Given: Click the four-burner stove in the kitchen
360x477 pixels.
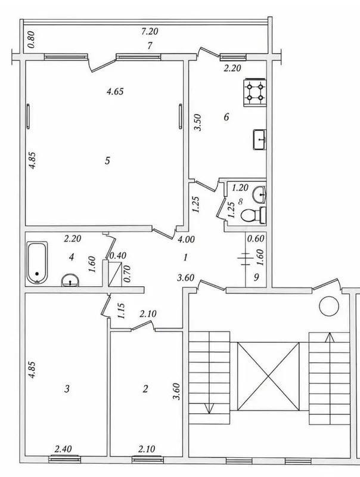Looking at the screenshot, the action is pyautogui.click(x=255, y=93).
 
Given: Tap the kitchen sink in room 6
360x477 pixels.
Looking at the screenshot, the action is pyautogui.click(x=260, y=140).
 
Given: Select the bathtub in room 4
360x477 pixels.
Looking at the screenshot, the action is pyautogui.click(x=37, y=263).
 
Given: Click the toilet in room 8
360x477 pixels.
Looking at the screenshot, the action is pyautogui.click(x=253, y=215).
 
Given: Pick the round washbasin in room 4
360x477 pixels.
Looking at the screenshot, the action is pyautogui.click(x=70, y=280).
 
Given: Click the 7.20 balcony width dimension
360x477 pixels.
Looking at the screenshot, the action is pyautogui.click(x=150, y=32).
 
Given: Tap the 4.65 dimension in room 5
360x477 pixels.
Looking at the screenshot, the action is pyautogui.click(x=115, y=91).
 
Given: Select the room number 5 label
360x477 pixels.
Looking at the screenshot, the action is pyautogui.click(x=107, y=160).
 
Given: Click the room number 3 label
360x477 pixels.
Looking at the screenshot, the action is pyautogui.click(x=67, y=389).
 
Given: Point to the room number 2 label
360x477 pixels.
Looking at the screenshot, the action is pyautogui.click(x=145, y=389).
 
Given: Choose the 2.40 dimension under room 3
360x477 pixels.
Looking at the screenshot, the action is pyautogui.click(x=63, y=449).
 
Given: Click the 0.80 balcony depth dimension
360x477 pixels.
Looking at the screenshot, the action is pyautogui.click(x=32, y=40).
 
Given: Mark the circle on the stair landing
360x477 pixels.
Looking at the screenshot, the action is pyautogui.click(x=329, y=306).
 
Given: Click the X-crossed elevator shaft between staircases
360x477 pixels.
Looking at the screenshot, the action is pyautogui.click(x=268, y=376).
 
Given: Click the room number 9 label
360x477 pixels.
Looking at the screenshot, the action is pyautogui.click(x=256, y=277).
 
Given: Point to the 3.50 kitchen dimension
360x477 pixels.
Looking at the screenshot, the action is pyautogui.click(x=198, y=122).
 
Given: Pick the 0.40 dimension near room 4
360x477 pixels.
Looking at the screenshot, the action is pyautogui.click(x=117, y=256).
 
